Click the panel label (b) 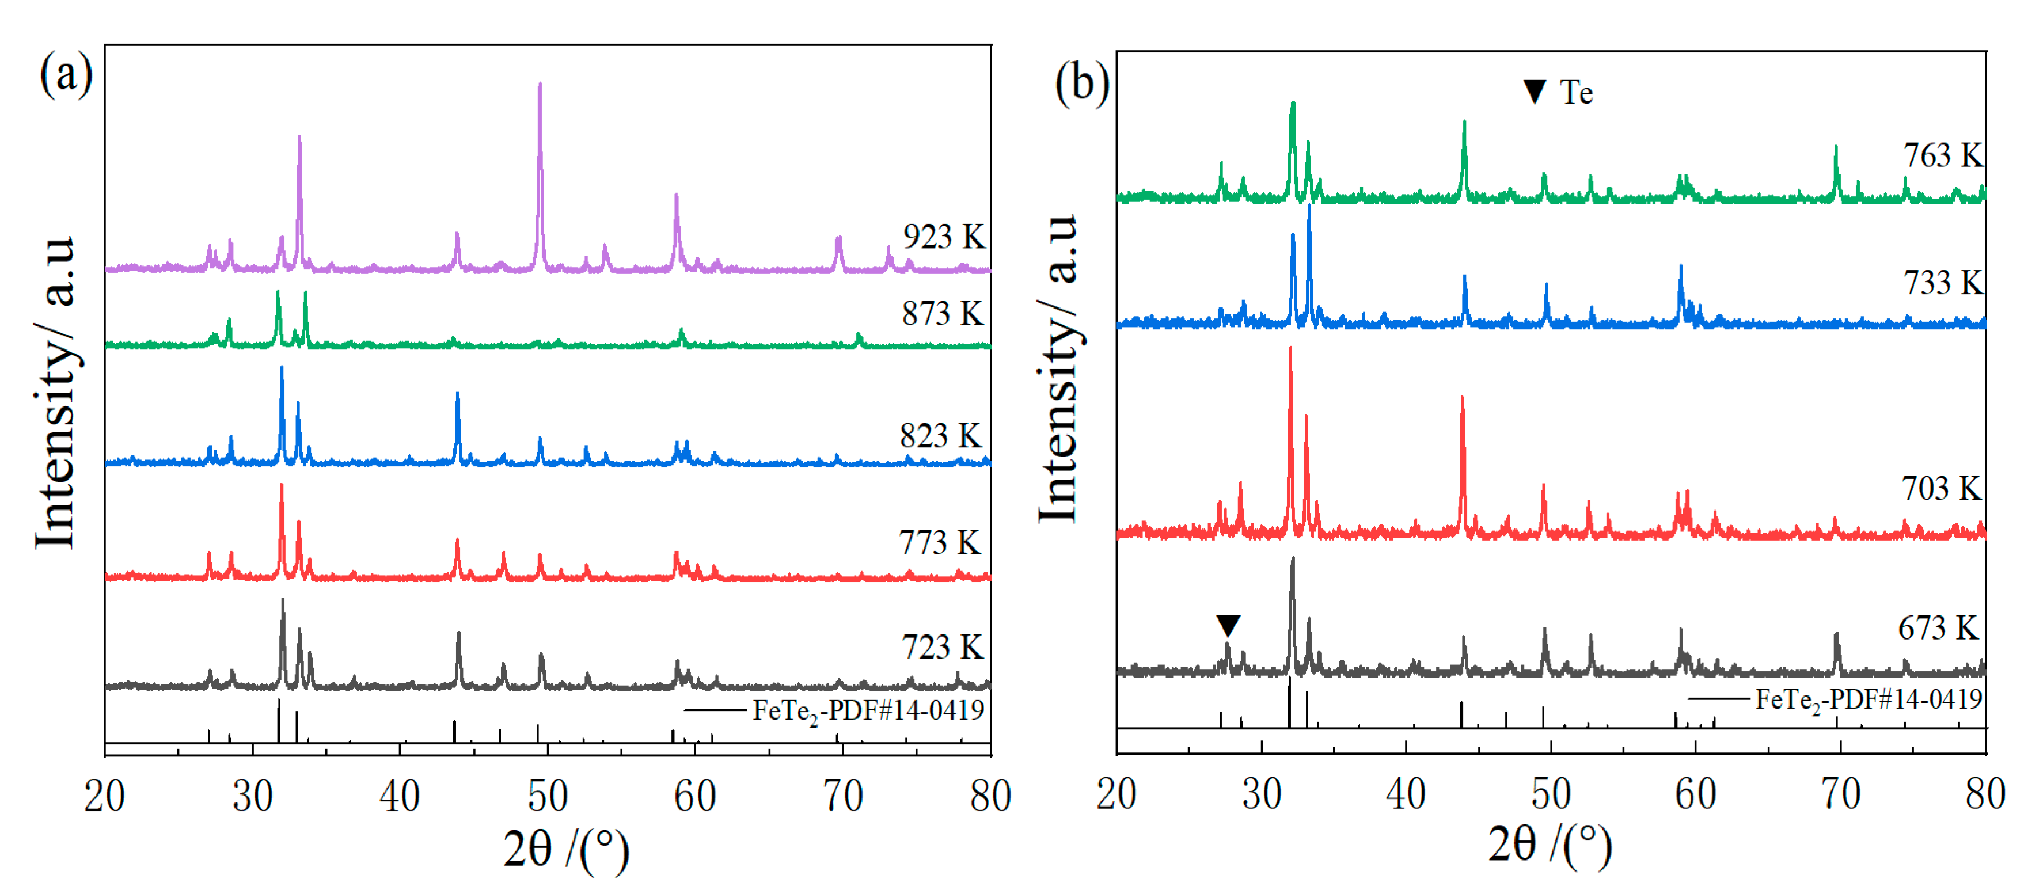pyautogui.click(x=1082, y=83)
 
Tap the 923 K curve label pyautogui.click(x=943, y=236)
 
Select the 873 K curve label pyautogui.click(x=943, y=313)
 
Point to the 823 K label pyautogui.click(x=941, y=435)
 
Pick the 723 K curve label pyautogui.click(x=943, y=647)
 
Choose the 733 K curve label pyautogui.click(x=1943, y=283)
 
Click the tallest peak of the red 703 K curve pyautogui.click(x=1290, y=349)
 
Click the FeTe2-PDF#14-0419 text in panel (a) pyautogui.click(x=868, y=710)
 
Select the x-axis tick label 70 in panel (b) pyautogui.click(x=1841, y=794)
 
